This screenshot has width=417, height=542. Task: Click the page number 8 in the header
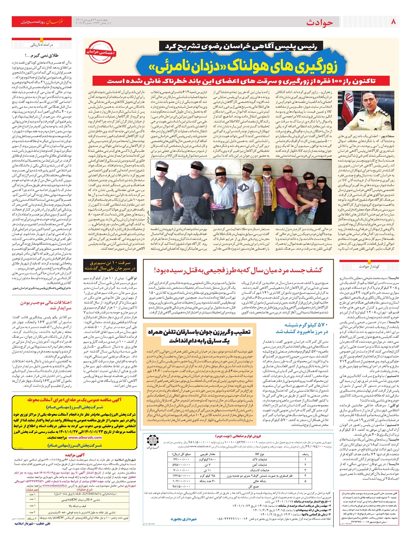point(393,22)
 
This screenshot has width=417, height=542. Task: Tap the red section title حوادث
point(319,23)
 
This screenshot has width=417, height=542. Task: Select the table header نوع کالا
point(259,454)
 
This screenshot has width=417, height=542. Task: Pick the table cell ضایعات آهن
point(259,464)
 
